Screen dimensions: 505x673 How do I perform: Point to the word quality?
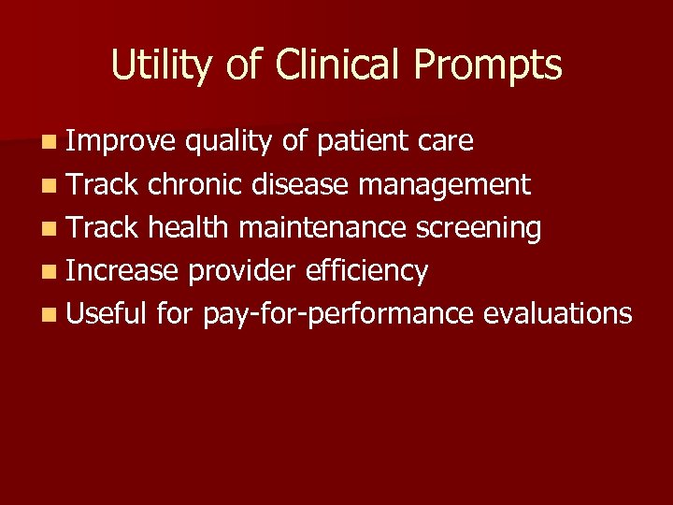coord(229,142)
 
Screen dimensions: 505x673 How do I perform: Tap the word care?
coord(447,142)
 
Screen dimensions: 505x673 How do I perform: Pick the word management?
coord(445,185)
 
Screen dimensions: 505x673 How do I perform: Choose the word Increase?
coord(122,270)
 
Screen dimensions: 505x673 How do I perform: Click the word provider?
coord(245,271)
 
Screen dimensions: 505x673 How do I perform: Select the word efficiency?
coord(369,271)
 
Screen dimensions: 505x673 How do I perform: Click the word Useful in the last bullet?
coord(107,313)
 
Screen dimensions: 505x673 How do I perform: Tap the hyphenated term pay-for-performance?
coord(338,314)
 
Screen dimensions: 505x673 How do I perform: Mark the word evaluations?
coord(558,313)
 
